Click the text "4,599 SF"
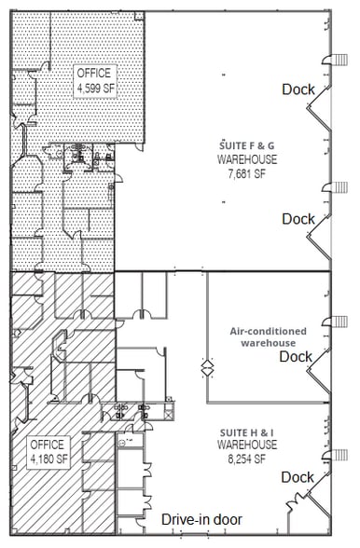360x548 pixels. click(93, 89)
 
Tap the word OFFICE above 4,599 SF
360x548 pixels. click(93, 74)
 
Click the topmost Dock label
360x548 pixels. click(298, 89)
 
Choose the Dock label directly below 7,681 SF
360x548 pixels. click(298, 219)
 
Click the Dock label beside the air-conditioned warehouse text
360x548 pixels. click(296, 356)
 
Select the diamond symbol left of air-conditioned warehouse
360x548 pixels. click(207, 367)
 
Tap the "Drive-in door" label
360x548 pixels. click(201, 519)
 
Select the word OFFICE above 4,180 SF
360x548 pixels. click(48, 444)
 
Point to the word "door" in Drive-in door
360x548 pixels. click(227, 519)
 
